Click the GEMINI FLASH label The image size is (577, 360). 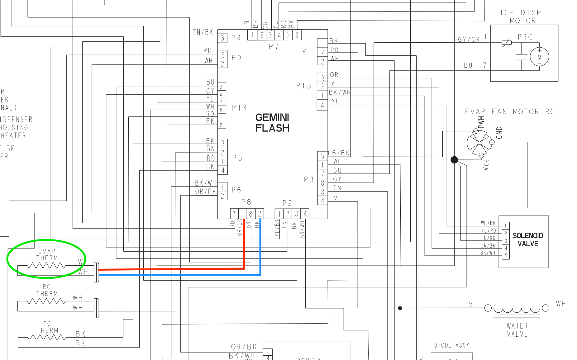(x=272, y=123)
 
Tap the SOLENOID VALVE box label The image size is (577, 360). (x=528, y=239)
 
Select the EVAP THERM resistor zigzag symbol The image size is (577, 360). (x=46, y=266)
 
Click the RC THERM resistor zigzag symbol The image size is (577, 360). (x=46, y=301)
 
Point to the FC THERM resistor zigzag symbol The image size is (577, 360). (x=47, y=338)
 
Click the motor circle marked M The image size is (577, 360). (x=539, y=57)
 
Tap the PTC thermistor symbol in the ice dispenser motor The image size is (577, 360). (x=507, y=43)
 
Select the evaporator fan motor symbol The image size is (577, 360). (x=479, y=143)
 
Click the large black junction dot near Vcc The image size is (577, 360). (x=454, y=160)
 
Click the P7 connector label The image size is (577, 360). (x=274, y=46)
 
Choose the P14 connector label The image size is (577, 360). (x=239, y=108)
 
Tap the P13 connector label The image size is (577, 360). (x=303, y=86)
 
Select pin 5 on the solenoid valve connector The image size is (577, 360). (x=506, y=256)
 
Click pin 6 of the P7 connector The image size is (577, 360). (x=297, y=35)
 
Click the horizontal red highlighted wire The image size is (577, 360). (x=171, y=269)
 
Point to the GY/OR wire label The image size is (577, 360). (x=469, y=40)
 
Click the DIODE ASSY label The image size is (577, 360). (x=451, y=345)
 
